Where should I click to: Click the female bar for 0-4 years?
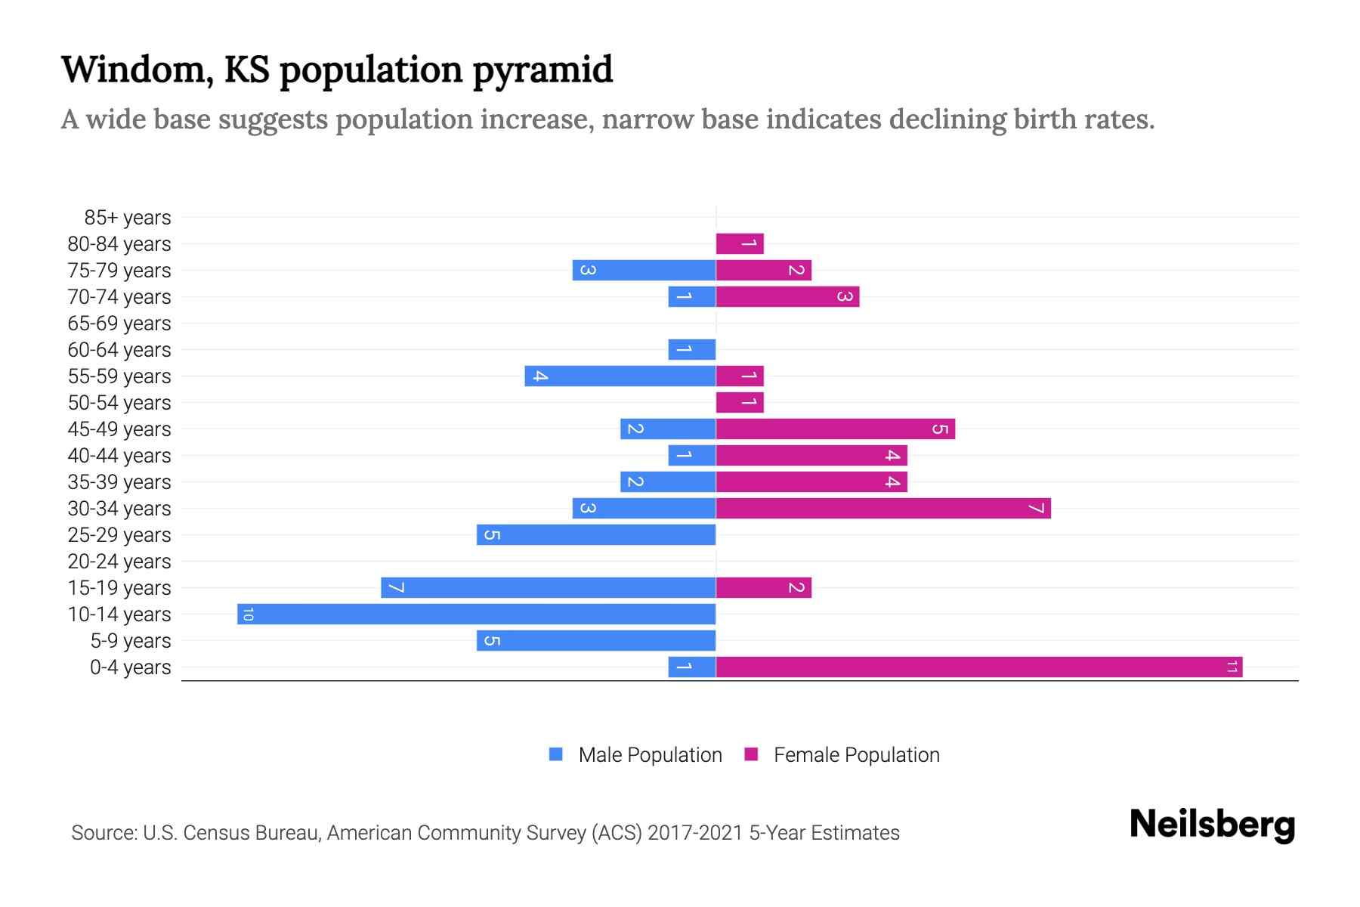tap(978, 667)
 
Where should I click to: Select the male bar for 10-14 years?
tap(476, 614)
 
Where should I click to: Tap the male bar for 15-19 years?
tap(548, 587)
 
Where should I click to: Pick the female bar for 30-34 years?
tap(882, 508)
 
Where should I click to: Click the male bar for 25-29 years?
tap(595, 534)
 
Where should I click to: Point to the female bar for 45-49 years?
tap(835, 429)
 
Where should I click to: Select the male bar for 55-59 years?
tap(620, 376)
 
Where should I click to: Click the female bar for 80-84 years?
tap(740, 243)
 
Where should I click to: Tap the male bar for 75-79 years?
tap(644, 270)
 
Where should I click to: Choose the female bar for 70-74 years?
tap(787, 296)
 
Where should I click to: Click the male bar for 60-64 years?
tap(691, 349)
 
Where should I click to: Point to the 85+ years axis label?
tap(128, 218)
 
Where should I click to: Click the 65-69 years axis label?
tap(119, 323)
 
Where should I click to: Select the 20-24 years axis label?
tap(119, 562)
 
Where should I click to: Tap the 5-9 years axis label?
tap(131, 641)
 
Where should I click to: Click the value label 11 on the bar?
tap(1232, 667)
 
